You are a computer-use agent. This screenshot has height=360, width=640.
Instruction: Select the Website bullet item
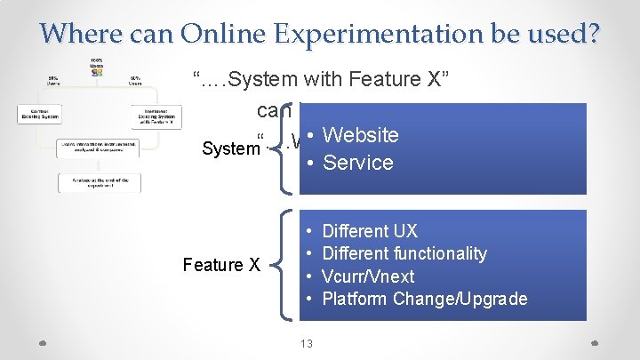point(360,135)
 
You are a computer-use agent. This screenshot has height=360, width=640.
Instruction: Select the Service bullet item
point(357,163)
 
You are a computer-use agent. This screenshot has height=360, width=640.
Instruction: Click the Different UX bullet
point(369,231)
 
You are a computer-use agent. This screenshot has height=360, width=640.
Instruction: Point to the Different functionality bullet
point(404,253)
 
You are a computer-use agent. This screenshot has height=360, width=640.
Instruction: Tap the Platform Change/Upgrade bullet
point(424,299)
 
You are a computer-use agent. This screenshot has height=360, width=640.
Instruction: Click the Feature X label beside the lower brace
point(220,265)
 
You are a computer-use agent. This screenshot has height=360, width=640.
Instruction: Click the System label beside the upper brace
point(229,148)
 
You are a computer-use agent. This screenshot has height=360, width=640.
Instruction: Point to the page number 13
point(306,343)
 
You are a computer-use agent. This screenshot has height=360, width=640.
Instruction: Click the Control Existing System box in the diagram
point(39,115)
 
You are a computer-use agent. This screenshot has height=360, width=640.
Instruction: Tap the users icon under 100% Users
point(96,72)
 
